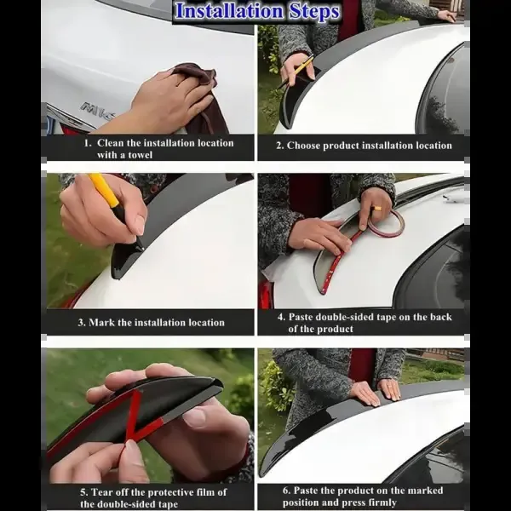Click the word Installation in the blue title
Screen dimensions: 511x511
[229, 11]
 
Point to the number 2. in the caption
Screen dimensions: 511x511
[280, 146]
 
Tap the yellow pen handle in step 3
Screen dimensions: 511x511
[104, 191]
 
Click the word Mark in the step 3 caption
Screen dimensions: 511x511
[101, 322]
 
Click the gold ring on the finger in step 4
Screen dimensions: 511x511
[378, 209]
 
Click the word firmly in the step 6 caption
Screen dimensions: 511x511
[382, 502]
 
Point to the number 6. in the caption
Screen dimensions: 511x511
[287, 491]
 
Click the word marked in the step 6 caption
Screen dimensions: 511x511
[425, 491]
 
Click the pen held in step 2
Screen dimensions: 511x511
[296, 72]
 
